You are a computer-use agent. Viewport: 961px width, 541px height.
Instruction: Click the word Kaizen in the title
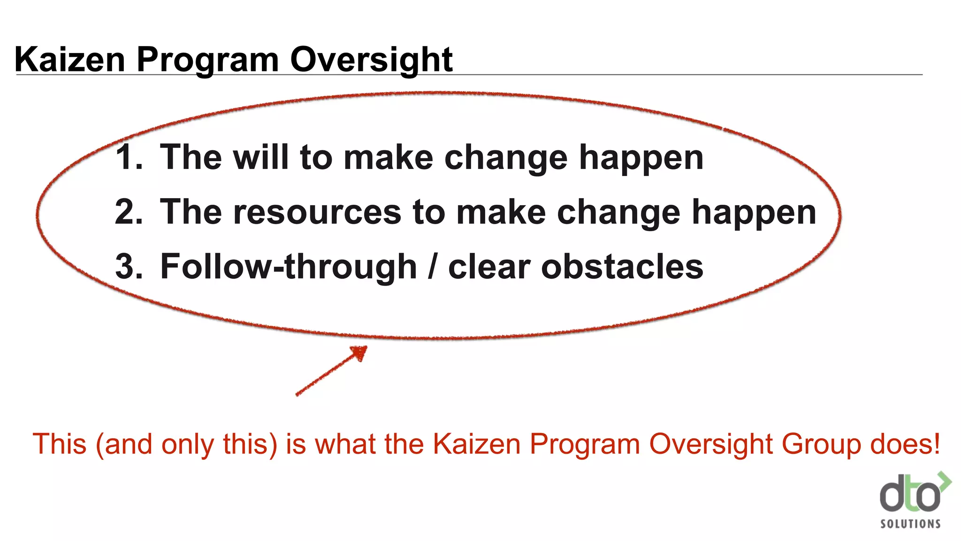(70, 60)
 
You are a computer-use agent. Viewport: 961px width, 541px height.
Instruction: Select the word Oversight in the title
(371, 60)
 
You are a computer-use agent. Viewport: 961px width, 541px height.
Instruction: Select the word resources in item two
(317, 212)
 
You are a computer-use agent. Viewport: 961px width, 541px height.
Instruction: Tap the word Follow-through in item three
(288, 266)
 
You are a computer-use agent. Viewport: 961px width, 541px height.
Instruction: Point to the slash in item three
(432, 267)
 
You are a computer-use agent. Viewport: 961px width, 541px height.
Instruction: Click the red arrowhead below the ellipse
(360, 352)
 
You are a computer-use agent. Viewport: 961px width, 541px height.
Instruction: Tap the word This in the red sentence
(60, 444)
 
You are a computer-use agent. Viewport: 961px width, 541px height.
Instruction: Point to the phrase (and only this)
(186, 444)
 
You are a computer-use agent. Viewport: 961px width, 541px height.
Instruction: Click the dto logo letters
(910, 495)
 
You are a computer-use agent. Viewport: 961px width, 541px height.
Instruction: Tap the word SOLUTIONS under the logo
(910, 524)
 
